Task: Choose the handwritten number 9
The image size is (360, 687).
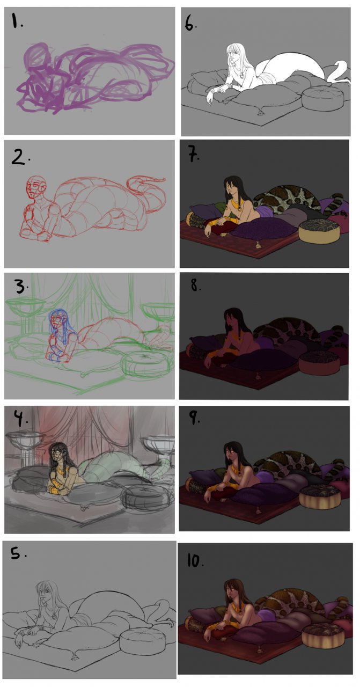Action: pyautogui.click(x=194, y=417)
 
